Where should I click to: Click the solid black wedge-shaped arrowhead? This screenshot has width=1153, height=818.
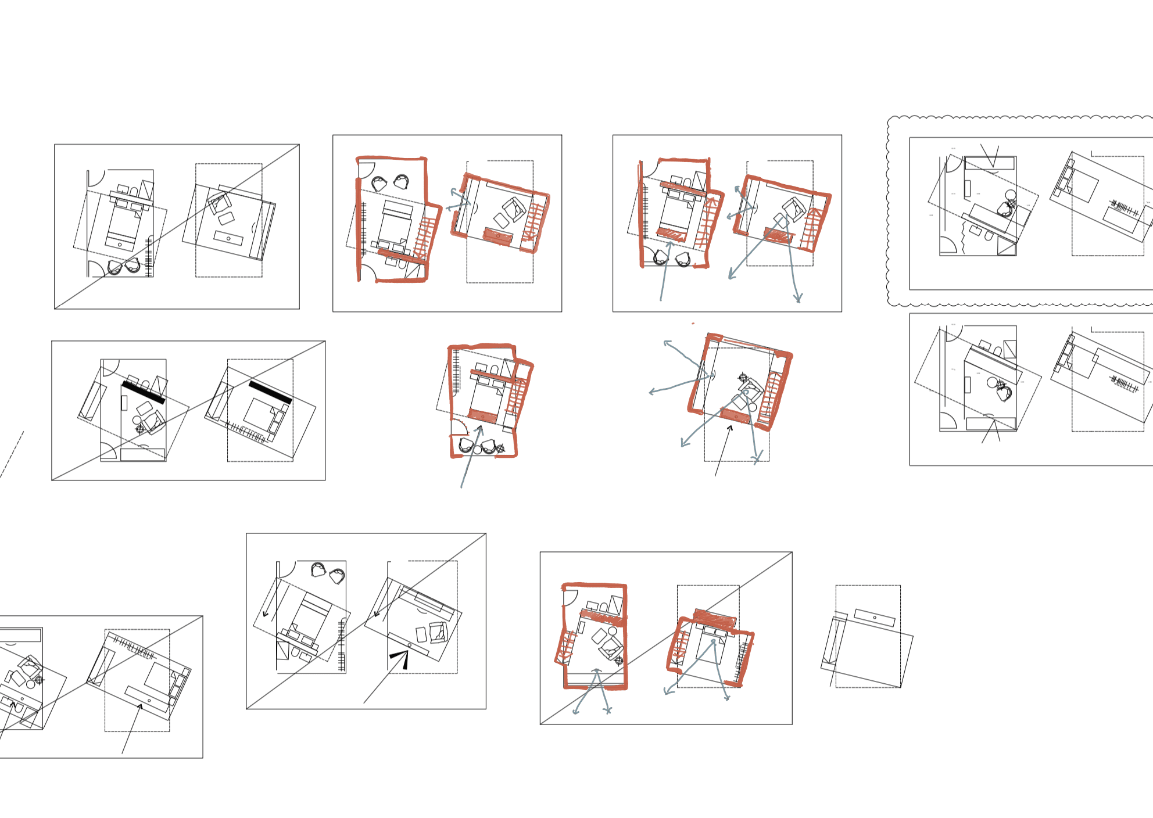pyautogui.click(x=400, y=658)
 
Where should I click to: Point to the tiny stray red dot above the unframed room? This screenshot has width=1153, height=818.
pyautogui.click(x=693, y=324)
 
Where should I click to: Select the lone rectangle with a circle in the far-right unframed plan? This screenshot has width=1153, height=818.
pyautogui.click(x=875, y=618)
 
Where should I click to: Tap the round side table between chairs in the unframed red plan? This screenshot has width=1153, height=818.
pyautogui.click(x=478, y=449)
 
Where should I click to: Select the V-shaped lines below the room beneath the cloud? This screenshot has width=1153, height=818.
pyautogui.click(x=991, y=432)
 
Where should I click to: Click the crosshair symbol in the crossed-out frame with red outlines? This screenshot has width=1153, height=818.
pyautogui.click(x=619, y=660)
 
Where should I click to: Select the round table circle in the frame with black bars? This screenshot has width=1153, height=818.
pyautogui.click(x=137, y=420)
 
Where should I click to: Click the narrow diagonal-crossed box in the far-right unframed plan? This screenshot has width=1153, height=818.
pyautogui.click(x=832, y=642)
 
